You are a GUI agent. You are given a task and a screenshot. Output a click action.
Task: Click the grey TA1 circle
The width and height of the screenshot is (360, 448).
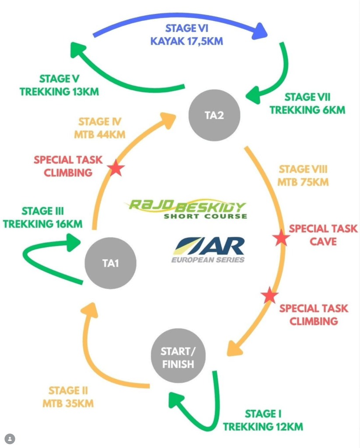[x=110, y=264]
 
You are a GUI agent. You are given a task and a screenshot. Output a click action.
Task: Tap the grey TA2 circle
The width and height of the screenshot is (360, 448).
[x=214, y=116]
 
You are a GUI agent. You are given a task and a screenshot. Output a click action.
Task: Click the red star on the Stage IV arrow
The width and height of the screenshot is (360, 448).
[x=116, y=168]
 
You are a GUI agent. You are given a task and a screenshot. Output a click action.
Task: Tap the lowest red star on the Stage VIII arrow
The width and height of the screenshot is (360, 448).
[x=269, y=296]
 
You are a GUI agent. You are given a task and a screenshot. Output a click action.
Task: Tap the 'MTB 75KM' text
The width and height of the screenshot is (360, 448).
[x=303, y=182]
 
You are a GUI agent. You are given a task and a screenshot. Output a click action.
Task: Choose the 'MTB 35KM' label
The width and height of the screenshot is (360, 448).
[x=68, y=403]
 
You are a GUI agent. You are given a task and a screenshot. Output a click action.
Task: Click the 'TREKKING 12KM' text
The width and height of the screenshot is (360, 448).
[x=263, y=426]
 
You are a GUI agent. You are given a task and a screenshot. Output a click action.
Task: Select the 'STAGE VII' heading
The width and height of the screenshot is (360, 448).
[x=307, y=97]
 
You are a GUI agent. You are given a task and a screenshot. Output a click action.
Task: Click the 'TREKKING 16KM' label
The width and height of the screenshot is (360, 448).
[x=42, y=224]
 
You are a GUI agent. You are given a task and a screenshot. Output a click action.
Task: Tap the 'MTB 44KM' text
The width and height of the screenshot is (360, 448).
[x=100, y=134]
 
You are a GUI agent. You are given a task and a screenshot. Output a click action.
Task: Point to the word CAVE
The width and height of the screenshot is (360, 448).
[x=323, y=241]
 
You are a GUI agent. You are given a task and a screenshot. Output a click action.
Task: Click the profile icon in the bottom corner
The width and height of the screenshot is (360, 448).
[x=9, y=439]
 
